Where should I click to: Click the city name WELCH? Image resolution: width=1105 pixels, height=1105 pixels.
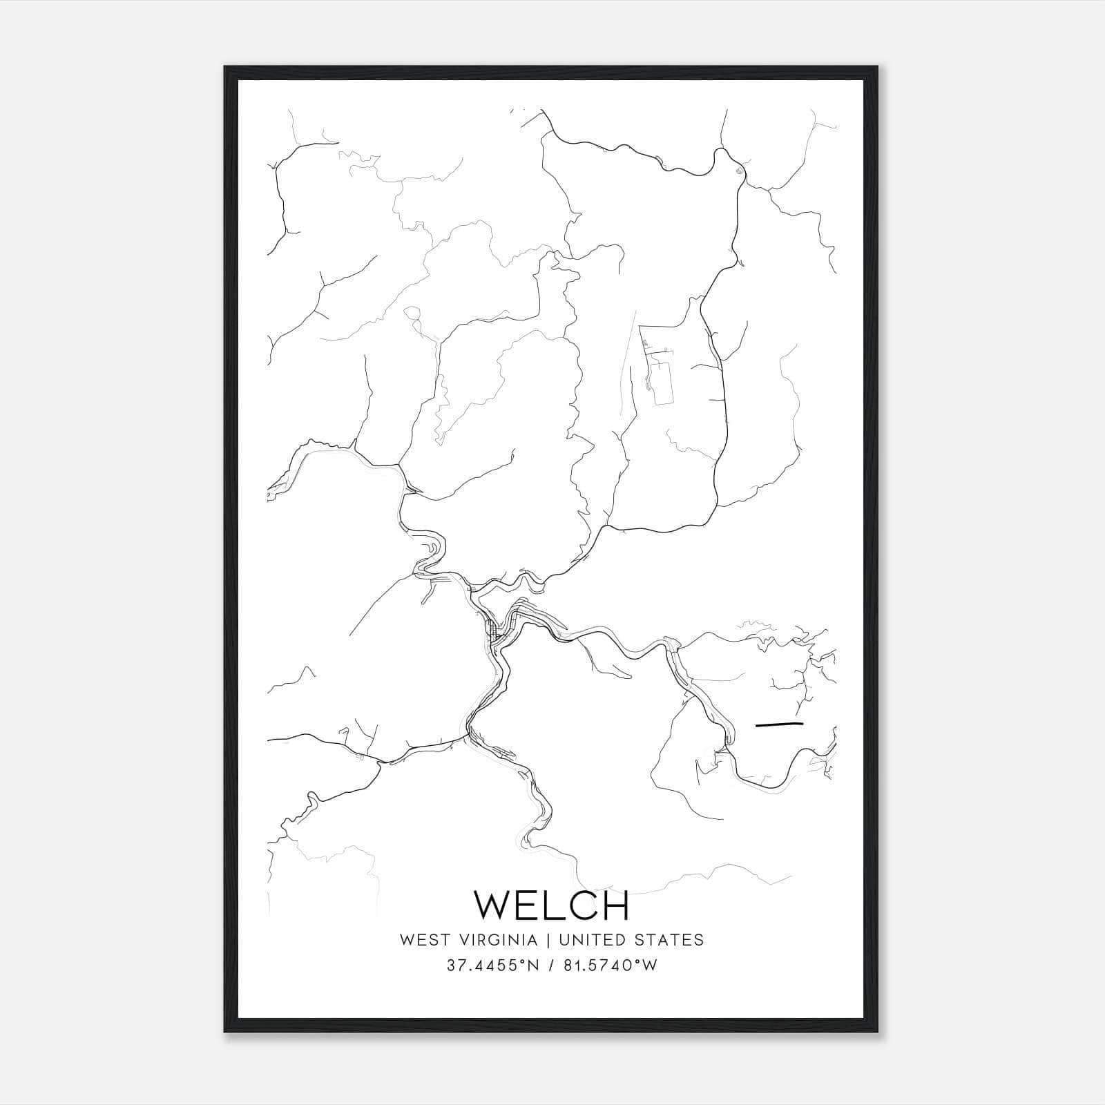[552, 905]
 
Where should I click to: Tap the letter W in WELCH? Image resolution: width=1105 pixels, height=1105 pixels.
[491, 905]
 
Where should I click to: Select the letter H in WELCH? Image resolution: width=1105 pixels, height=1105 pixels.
[615, 905]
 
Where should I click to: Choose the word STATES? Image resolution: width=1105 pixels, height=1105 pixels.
[673, 940]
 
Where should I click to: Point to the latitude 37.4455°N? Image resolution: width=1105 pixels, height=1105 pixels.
[491, 965]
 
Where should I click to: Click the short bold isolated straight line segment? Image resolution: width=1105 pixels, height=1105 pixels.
[780, 724]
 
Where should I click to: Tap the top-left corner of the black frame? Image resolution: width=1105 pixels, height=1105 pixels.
[225, 67]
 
